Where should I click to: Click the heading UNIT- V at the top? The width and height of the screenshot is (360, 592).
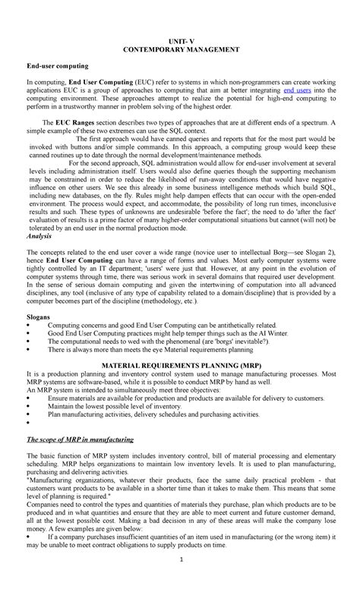pos(181,38)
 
